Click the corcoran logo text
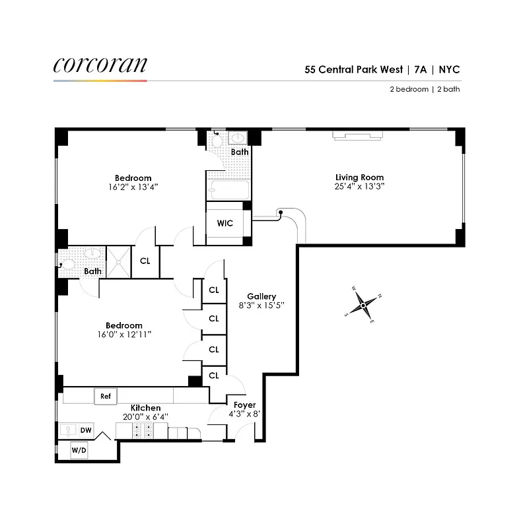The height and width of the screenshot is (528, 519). click(100, 65)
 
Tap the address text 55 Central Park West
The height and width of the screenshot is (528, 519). click(353, 69)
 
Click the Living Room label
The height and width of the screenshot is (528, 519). click(359, 177)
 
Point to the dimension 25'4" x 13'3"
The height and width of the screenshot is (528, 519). click(359, 187)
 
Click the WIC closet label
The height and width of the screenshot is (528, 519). click(225, 223)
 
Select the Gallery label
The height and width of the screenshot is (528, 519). click(261, 296)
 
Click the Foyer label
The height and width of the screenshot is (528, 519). click(244, 405)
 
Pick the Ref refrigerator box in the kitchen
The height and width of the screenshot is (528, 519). click(105, 396)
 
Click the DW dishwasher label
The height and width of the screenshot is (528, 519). click(86, 430)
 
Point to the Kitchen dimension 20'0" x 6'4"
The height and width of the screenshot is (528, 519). click(145, 417)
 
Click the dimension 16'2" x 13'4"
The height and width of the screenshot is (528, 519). click(133, 187)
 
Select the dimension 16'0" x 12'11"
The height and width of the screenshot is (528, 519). click(124, 335)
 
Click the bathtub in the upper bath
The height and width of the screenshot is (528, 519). click(228, 189)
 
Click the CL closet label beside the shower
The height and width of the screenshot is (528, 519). click(145, 261)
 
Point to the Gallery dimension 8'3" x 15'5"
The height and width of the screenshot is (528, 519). click(261, 306)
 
